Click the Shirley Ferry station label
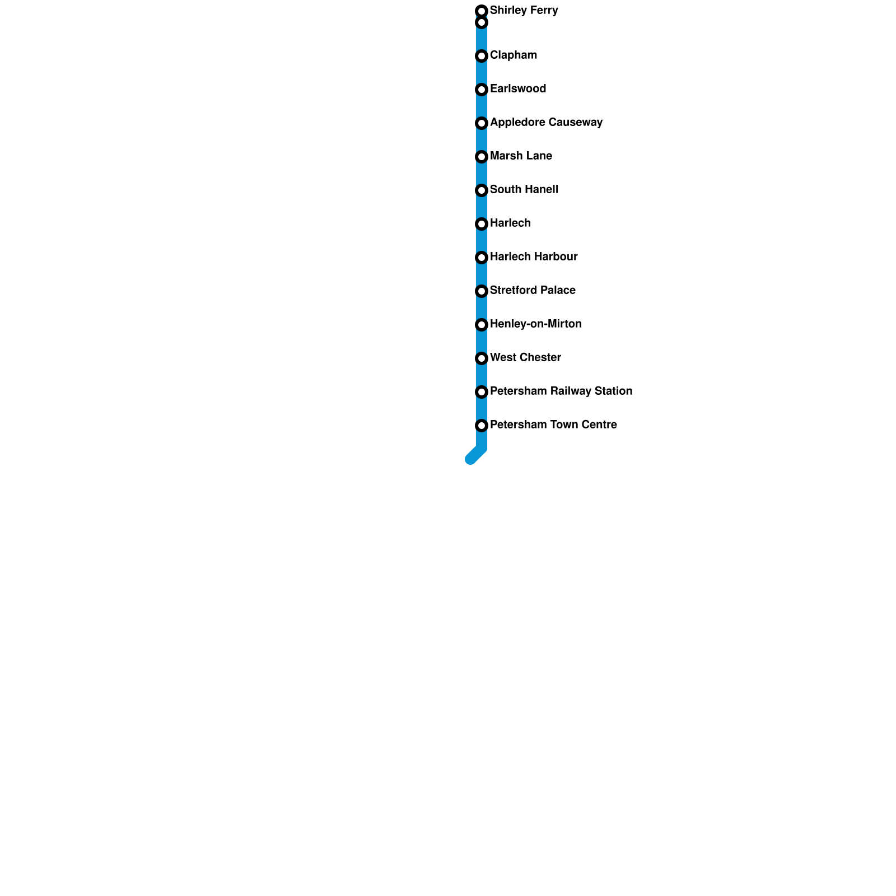(x=524, y=11)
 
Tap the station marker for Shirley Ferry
(x=482, y=11)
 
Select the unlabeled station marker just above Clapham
(x=482, y=22)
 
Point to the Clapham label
(x=513, y=55)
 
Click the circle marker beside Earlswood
(x=482, y=90)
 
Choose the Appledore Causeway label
(x=546, y=123)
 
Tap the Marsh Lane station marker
(x=482, y=157)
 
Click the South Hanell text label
(x=524, y=190)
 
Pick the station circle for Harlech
(x=482, y=224)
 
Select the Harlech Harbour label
(x=533, y=257)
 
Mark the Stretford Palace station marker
(x=482, y=291)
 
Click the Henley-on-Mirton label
(x=535, y=324)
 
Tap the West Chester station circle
(x=482, y=358)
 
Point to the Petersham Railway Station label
(x=561, y=391)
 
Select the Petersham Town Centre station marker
(x=482, y=426)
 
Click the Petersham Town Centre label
(x=553, y=425)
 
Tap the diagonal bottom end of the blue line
(x=471, y=459)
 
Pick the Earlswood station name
(x=517, y=89)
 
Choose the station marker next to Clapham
(x=482, y=56)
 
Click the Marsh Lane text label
(x=521, y=156)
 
